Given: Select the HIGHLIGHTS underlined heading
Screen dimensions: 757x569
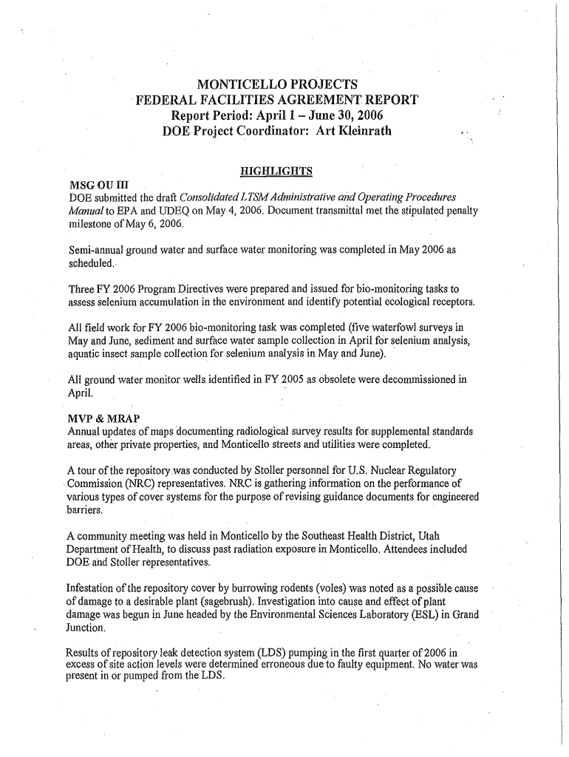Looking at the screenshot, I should tap(276, 172).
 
